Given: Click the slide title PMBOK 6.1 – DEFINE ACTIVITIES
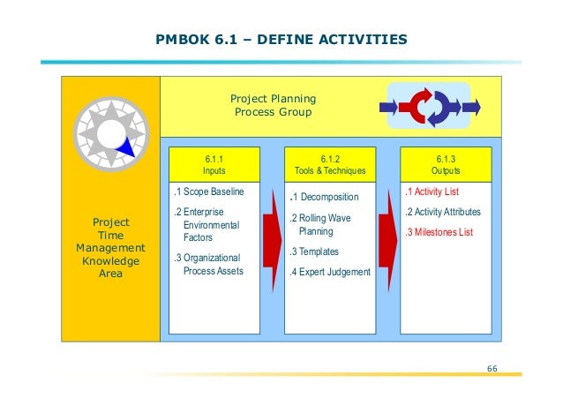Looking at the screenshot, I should (281, 40).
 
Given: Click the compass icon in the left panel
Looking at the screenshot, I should (109, 132).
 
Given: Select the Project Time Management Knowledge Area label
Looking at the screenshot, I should (110, 248).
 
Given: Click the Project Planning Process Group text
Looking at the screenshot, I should (273, 106).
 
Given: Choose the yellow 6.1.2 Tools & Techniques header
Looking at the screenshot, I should (331, 163).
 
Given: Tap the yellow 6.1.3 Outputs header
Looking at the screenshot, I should (445, 163).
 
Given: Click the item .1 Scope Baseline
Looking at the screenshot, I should (208, 191).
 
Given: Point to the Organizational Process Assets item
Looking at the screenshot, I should (212, 264).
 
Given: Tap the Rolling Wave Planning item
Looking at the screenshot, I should (319, 225).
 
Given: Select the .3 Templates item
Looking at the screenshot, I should (316, 252).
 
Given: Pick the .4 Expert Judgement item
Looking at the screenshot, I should (330, 272).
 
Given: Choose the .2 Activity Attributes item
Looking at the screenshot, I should (442, 212).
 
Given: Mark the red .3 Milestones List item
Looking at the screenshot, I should (439, 232).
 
